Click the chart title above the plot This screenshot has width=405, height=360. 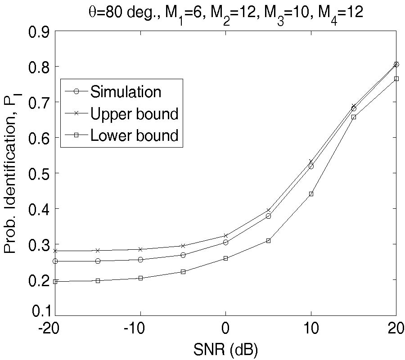pos(225,12)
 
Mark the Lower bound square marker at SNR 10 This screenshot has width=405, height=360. pos(311,194)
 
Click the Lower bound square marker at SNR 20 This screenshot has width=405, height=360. pos(396,79)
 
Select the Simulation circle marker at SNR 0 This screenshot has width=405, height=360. pos(225,243)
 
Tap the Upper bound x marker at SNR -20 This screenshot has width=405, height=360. pos(55,251)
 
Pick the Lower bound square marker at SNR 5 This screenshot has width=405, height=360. pos(268,241)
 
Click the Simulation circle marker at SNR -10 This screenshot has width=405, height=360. pos(140,260)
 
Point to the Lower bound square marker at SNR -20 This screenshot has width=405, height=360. pos(55,282)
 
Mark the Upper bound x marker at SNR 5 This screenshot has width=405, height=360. pos(268,210)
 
